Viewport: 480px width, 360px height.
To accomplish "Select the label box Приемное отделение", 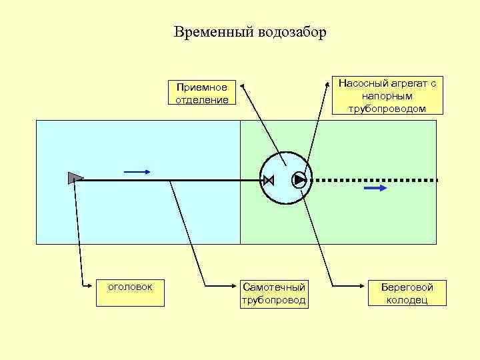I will [x=201, y=93].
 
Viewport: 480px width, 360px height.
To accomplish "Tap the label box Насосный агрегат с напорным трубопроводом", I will [x=387, y=95].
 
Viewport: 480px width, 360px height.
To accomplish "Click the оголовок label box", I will [x=130, y=287].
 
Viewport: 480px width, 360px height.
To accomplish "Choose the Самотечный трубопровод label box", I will [x=274, y=293].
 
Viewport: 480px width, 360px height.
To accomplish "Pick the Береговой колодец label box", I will [x=407, y=293].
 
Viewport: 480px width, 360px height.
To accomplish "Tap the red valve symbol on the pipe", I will [x=269, y=180].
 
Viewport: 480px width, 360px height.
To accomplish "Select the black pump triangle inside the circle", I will [x=299, y=179].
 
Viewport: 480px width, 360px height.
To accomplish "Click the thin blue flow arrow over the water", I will [x=137, y=171].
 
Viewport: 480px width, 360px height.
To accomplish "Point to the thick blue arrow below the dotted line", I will [x=375, y=189].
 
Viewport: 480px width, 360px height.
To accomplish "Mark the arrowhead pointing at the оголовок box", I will [x=93, y=287].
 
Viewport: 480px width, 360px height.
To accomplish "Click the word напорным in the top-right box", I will [x=387, y=96].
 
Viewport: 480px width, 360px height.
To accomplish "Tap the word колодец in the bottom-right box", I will [x=407, y=300].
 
